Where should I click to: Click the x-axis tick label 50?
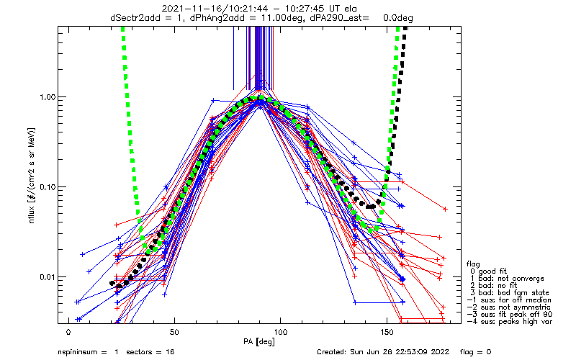click(174, 333)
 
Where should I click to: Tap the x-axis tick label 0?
click(68, 333)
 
